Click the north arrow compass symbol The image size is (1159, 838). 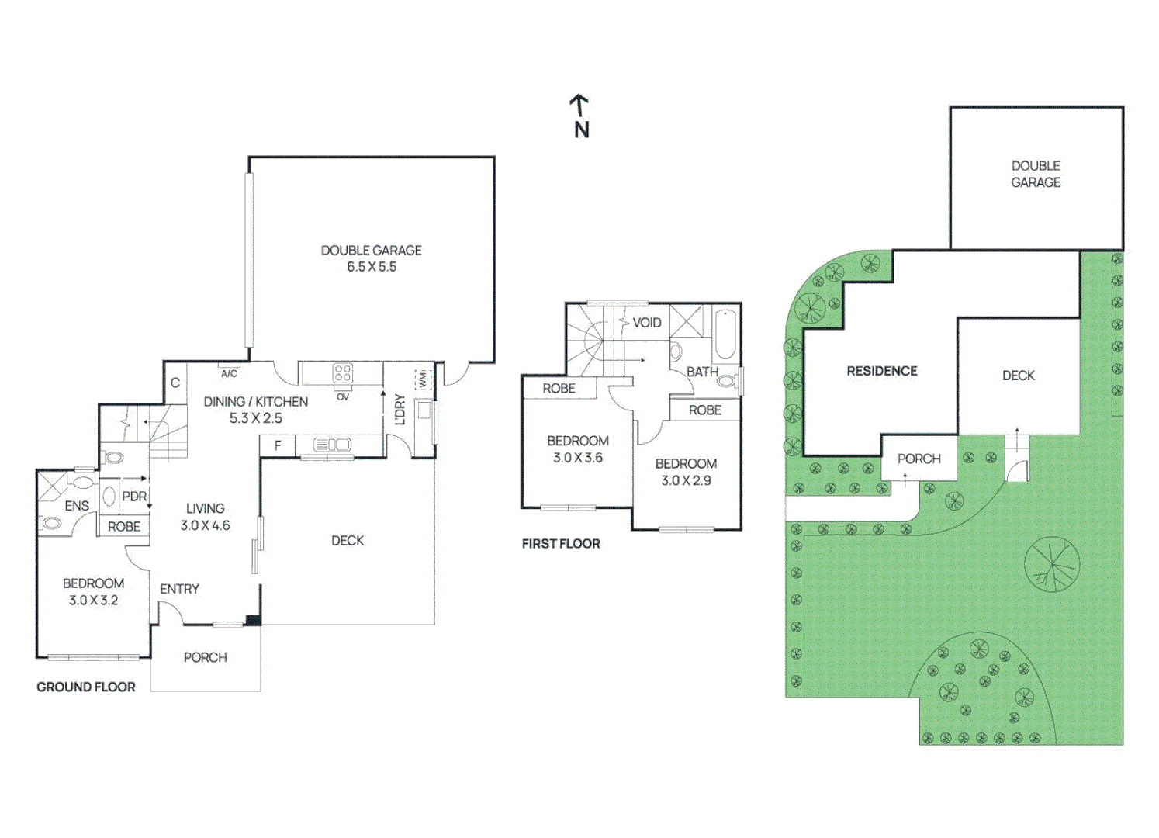[x=580, y=116]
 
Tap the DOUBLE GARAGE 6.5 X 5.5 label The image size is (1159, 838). [x=372, y=258]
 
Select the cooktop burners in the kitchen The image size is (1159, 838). [x=343, y=372]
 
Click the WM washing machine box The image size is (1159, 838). [x=423, y=380]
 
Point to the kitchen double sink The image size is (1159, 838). [x=332, y=445]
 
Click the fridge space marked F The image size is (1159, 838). [x=278, y=445]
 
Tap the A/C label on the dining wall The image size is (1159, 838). [x=229, y=374]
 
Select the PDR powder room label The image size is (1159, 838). [x=134, y=497]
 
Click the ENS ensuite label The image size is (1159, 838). [x=77, y=506]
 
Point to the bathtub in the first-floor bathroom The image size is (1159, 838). [x=725, y=334]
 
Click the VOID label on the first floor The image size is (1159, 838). [x=647, y=323]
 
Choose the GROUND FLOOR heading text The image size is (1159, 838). [x=86, y=687]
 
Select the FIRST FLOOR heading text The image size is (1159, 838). [x=561, y=543]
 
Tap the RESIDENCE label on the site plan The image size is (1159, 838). [x=882, y=371]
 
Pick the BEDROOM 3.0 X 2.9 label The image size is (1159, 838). [x=686, y=472]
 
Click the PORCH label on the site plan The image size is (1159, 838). [x=919, y=459]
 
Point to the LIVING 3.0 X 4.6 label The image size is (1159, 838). [x=205, y=517]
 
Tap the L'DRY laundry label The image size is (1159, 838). [x=400, y=410]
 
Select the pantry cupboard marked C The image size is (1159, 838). [x=175, y=383]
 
